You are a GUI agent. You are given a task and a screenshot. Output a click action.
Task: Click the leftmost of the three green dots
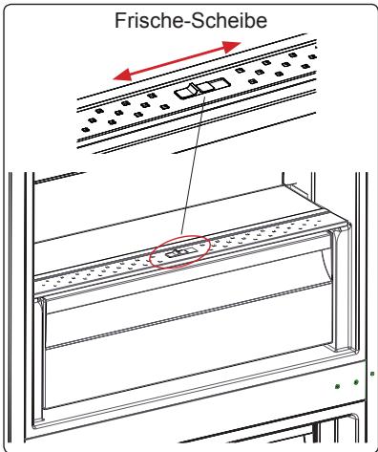click(338, 386)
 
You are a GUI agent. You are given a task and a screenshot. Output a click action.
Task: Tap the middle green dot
click(356, 381)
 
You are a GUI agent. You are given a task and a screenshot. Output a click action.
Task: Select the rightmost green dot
click(372, 375)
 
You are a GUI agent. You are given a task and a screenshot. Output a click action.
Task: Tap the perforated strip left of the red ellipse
click(95, 272)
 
